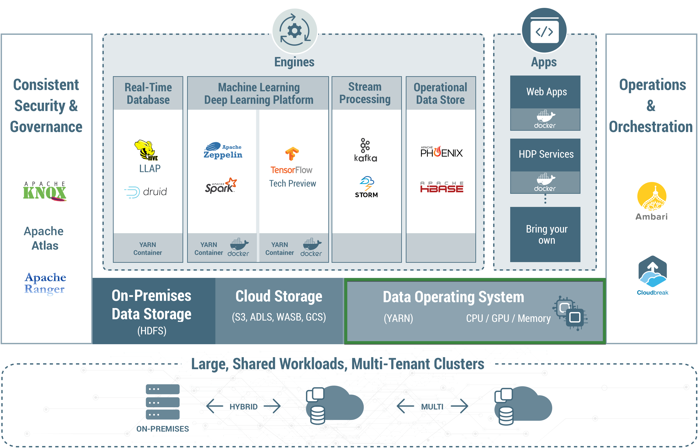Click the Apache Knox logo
tap(45, 191)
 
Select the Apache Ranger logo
tap(45, 283)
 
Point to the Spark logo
tap(221, 186)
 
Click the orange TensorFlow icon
tap(292, 153)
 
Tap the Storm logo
tap(366, 187)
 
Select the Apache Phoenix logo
tap(441, 152)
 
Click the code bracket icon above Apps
tap(544, 31)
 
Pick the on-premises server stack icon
tap(162, 402)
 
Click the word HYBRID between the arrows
tap(243, 407)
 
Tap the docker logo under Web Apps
tap(545, 120)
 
